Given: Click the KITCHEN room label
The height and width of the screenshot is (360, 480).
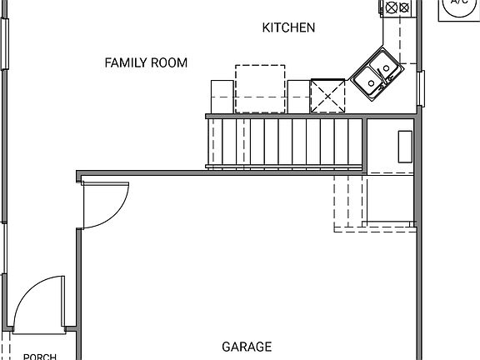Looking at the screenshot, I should (x=288, y=27).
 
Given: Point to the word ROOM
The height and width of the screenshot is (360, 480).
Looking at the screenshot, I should (x=169, y=62).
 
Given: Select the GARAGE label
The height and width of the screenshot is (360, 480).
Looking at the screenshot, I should (x=247, y=347).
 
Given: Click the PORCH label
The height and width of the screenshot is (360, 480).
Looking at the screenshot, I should (x=39, y=357).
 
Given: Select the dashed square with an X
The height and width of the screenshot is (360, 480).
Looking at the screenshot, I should (x=327, y=95).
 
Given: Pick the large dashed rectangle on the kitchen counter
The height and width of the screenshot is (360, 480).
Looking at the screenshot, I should (x=259, y=88).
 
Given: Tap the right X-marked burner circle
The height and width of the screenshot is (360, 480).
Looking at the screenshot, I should (x=404, y=8).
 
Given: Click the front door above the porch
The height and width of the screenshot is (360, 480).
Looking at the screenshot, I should (x=38, y=305).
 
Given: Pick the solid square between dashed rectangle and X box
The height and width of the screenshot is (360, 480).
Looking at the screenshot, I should (x=298, y=95).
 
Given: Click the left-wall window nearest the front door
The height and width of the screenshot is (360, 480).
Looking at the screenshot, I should (x=5, y=250).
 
